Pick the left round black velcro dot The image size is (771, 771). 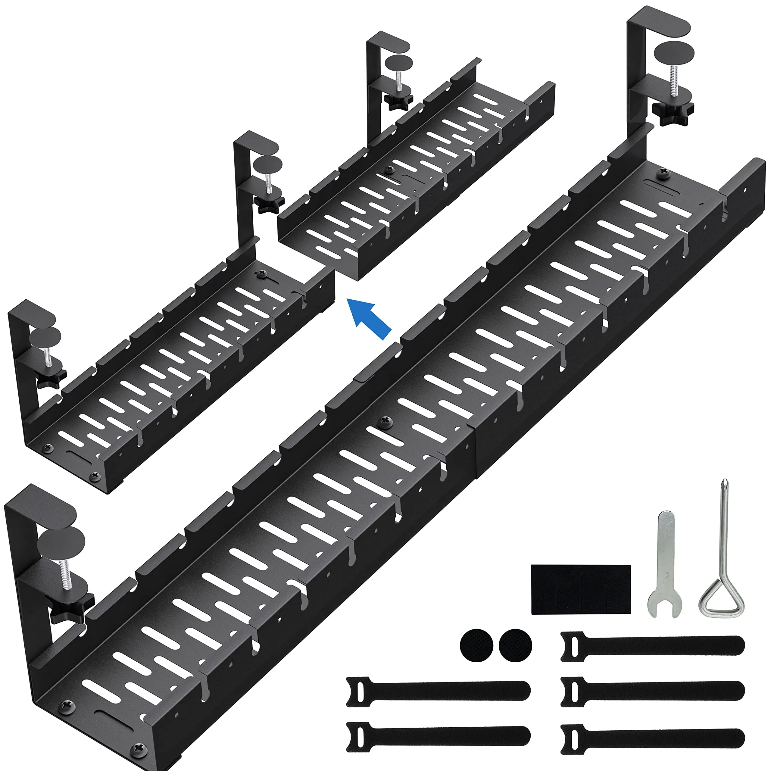coord(476,645)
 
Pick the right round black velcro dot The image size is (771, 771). coord(515,645)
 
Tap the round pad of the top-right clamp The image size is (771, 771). coord(675,52)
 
